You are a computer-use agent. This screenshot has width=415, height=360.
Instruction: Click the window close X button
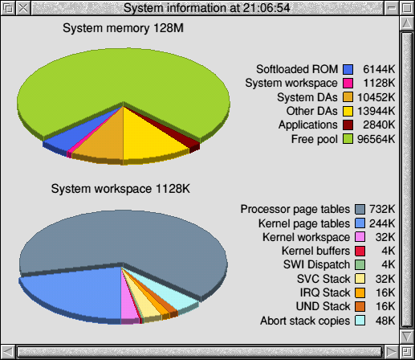click(23, 8)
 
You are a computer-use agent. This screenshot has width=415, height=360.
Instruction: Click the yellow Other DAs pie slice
click(150, 137)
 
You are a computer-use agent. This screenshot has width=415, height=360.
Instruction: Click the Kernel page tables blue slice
click(78, 292)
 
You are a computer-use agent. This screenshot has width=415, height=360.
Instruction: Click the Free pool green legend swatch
click(348, 139)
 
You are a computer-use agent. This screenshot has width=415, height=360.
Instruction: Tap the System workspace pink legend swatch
click(348, 83)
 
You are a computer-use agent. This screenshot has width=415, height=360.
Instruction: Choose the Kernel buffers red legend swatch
click(360, 251)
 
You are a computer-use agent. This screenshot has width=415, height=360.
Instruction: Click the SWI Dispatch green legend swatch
click(360, 264)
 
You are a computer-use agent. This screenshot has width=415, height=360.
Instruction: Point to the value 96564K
click(376, 139)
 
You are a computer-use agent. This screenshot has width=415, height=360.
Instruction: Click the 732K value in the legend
click(382, 209)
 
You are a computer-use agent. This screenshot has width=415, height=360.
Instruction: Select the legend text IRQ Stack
click(325, 292)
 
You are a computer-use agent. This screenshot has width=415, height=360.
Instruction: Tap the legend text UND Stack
click(323, 306)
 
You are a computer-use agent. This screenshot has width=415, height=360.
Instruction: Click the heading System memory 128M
click(123, 28)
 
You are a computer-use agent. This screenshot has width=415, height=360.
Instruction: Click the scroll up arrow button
click(407, 23)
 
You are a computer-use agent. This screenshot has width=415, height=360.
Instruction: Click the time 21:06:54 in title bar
click(266, 8)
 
